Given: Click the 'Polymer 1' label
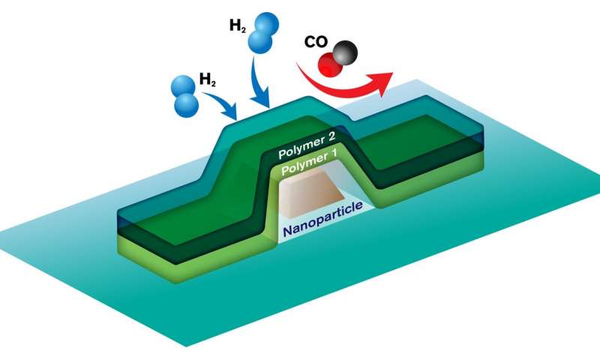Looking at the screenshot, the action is pyautogui.click(x=310, y=163).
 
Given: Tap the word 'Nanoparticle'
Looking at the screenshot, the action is pyautogui.click(x=322, y=220).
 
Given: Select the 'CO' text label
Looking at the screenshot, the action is pyautogui.click(x=316, y=42).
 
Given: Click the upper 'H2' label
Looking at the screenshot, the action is pyautogui.click(x=237, y=25).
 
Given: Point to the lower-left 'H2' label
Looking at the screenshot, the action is pyautogui.click(x=208, y=79).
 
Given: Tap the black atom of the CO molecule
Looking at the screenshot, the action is pyautogui.click(x=346, y=52).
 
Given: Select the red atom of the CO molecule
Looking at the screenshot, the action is pyautogui.click(x=330, y=65).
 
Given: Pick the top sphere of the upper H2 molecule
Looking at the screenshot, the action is pyautogui.click(x=266, y=25).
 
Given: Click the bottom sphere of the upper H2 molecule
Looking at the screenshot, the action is pyautogui.click(x=260, y=41).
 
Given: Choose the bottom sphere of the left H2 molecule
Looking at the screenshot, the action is pyautogui.click(x=186, y=104).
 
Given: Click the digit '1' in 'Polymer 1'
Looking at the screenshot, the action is pyautogui.click(x=333, y=155).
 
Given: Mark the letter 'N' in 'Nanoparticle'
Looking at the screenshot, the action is pyautogui.click(x=288, y=231).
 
